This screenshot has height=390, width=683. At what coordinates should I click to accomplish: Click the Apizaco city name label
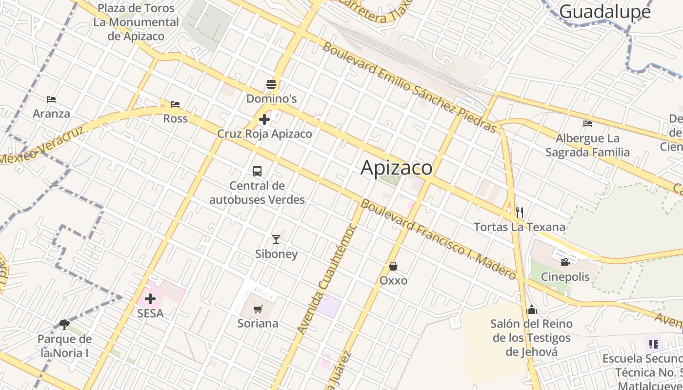coord(396,168)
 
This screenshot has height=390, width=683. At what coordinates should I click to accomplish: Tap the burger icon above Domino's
coord(271,84)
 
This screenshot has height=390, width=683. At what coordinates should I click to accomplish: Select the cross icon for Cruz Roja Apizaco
coord(264,119)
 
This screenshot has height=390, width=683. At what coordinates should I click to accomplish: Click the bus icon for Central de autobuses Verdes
coord(257,171)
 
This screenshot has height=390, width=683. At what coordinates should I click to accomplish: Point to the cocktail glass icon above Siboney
coord(276,239)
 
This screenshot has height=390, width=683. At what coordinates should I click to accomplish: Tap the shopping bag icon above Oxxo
coord(393,266)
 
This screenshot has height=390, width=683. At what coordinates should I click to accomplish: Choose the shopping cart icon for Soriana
coord(258,309)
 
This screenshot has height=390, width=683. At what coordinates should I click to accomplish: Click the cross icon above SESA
coord(150,298)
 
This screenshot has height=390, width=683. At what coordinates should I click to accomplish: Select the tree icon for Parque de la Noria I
coord(64,324)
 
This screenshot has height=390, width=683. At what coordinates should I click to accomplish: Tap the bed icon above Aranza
coord(51,99)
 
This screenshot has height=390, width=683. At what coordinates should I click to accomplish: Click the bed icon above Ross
coord(175,104)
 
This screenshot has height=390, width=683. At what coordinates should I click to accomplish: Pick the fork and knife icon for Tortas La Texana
coord(520,212)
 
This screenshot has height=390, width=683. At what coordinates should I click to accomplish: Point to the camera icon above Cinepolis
coord(565,262)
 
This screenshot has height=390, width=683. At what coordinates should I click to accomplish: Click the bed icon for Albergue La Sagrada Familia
coord(588,124)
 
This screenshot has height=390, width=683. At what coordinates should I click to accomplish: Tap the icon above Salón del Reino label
coord(532,310)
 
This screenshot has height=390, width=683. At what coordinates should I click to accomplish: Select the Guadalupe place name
coord(605,12)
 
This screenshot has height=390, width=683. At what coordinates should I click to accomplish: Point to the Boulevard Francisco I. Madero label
coord(438,240)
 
